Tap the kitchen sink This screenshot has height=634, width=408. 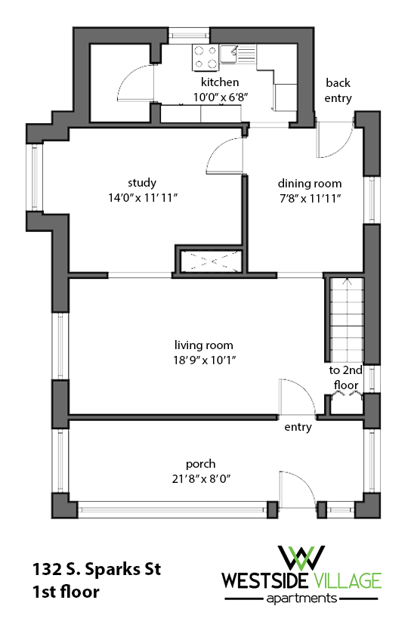coord(245,54)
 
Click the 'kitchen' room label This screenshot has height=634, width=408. coord(219,82)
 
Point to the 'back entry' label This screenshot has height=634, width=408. coord(338,90)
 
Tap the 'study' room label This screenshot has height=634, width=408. coord(141,182)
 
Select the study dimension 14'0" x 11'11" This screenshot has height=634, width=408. coord(141,196)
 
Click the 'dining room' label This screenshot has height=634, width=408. coord(310,183)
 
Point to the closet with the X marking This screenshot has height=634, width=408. coord(209,261)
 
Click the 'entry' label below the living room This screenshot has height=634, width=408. coord(298,428)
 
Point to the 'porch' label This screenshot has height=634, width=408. coord(201,463)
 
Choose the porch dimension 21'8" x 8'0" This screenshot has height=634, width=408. coord(201,478)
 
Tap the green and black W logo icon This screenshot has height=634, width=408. coord(301,558)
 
